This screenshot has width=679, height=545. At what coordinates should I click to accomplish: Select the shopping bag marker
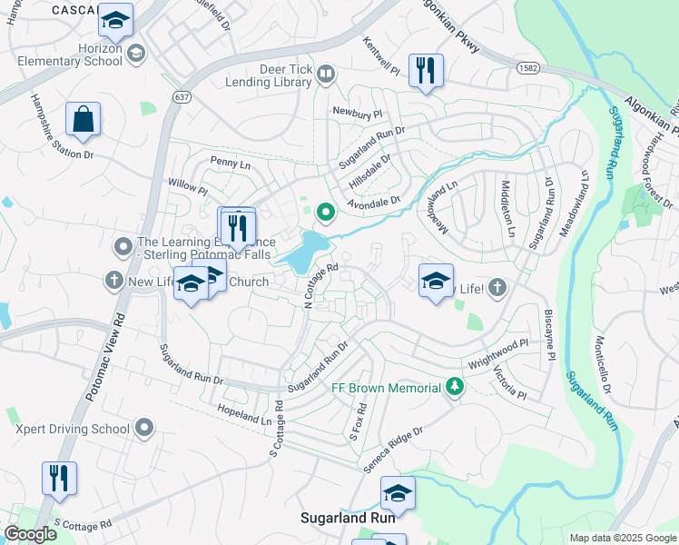click(x=83, y=119)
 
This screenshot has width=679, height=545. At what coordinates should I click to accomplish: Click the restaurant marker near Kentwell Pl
click(x=426, y=71)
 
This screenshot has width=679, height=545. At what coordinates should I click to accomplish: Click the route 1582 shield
click(x=528, y=68)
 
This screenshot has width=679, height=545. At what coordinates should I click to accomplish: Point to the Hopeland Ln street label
click(x=244, y=416)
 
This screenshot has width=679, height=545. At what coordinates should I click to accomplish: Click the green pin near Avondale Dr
click(x=326, y=213)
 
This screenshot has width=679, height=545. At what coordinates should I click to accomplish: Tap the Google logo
click(x=29, y=534)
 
